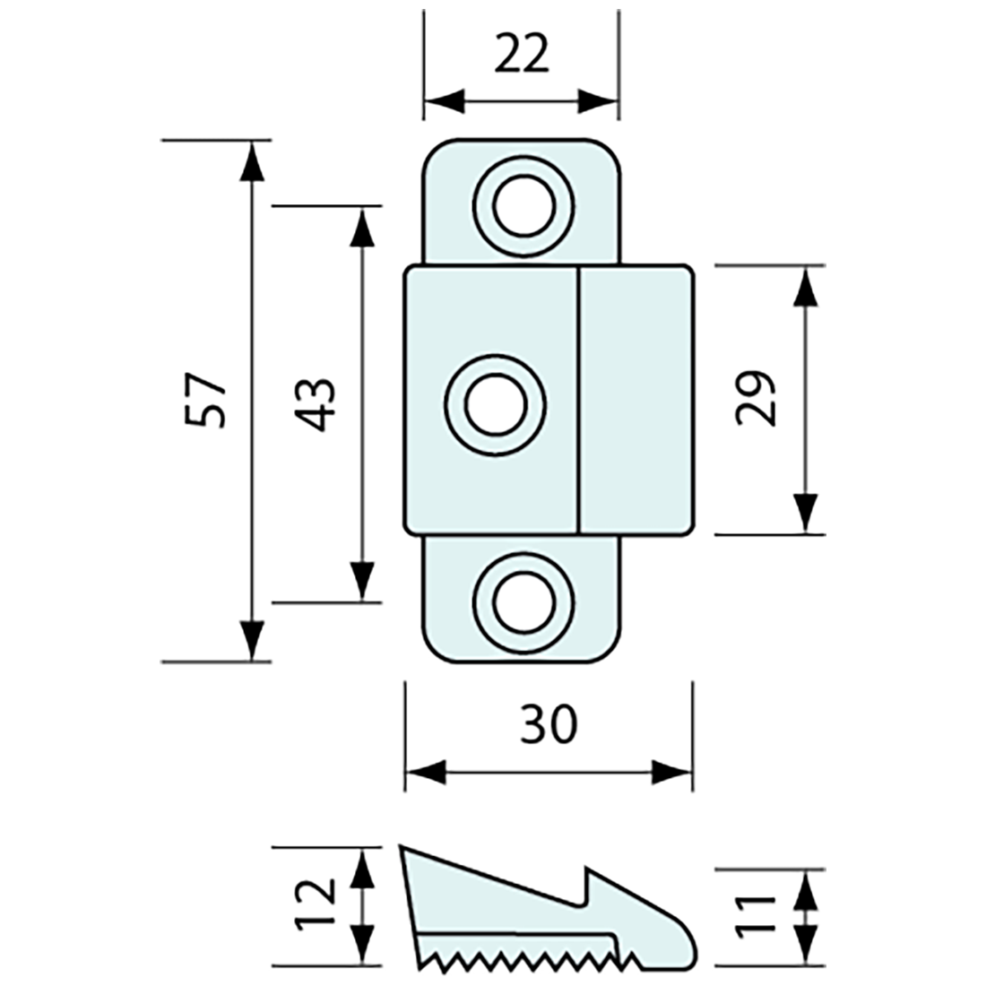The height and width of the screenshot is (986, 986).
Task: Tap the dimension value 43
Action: click(315, 403)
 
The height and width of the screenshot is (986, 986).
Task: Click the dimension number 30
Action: click(549, 724)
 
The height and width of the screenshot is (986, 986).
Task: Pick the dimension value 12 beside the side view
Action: click(316, 904)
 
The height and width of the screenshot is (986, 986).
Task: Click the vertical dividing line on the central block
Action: click(578, 400)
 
